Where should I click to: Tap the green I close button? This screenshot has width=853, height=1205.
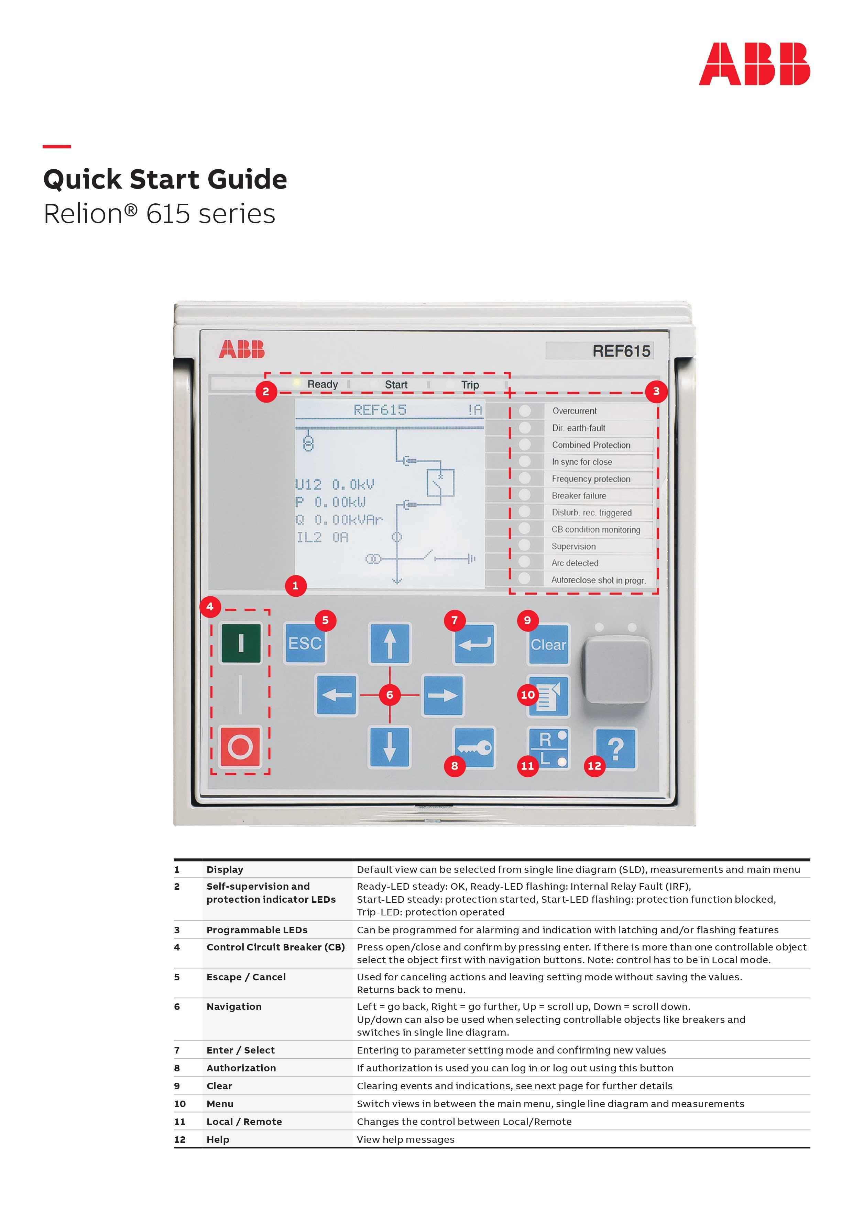coord(241,643)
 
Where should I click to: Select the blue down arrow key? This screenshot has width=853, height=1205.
coord(389,747)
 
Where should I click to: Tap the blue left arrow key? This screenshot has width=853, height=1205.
coord(337,695)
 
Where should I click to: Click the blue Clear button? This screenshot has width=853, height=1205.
coord(548,644)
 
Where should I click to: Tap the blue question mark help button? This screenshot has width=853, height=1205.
coord(615,748)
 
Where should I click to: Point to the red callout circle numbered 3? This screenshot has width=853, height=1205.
coord(656,391)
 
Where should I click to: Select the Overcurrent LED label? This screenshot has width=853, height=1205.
coord(574,411)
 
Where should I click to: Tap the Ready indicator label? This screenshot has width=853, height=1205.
coord(322,384)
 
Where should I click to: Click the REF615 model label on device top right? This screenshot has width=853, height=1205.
coord(621,351)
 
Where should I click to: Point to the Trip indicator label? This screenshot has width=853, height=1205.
coord(470,385)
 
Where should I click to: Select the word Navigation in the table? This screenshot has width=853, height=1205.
coord(234,1006)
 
